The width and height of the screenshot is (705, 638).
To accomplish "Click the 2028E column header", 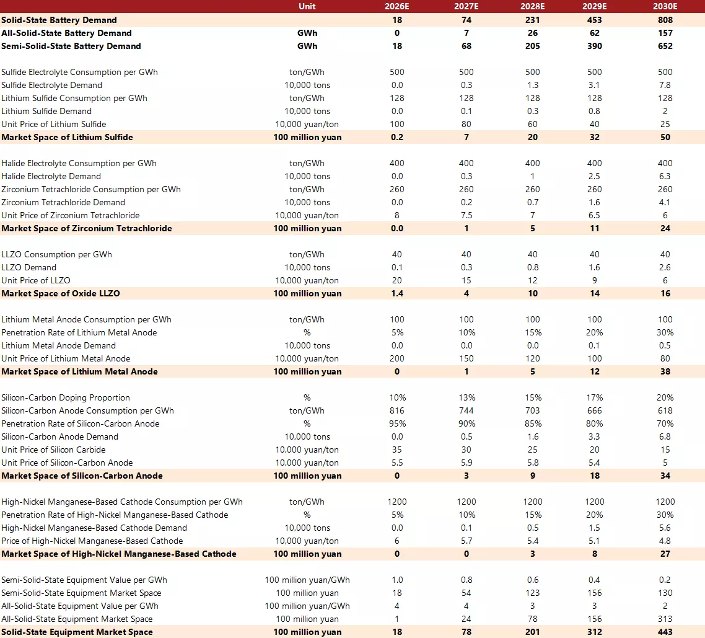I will [x=532, y=6].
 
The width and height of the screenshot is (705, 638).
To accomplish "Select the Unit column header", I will [x=307, y=6].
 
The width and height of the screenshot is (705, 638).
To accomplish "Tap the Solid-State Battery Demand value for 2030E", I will [x=665, y=20].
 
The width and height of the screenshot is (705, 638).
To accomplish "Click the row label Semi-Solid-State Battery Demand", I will [x=71, y=46].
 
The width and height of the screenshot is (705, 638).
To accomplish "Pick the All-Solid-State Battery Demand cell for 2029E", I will [x=594, y=33].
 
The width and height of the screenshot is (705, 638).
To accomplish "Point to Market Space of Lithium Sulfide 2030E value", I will [x=665, y=137].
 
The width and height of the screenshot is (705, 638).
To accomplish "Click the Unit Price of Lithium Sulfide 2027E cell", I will [x=466, y=124].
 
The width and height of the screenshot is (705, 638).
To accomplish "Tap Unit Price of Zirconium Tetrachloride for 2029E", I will [x=594, y=215].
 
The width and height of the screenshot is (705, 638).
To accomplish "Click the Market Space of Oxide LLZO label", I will [x=61, y=293].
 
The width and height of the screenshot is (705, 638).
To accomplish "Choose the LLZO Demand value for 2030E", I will [x=665, y=267].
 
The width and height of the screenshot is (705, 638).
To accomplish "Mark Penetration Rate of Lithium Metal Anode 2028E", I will [x=532, y=332].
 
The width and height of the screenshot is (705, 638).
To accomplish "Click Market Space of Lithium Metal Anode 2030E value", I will [x=665, y=371].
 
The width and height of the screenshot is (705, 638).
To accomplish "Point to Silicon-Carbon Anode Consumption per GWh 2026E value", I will [x=397, y=410].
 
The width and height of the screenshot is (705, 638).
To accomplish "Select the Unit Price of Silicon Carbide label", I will [x=53, y=450].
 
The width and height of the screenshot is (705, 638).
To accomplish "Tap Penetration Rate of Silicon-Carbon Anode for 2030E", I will [x=665, y=423].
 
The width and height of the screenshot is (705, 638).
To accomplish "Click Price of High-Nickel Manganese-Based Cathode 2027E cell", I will [x=466, y=541].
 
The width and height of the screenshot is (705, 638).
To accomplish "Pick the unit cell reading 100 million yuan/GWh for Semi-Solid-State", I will [x=307, y=580].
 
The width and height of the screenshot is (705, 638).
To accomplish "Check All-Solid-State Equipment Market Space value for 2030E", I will [x=665, y=619].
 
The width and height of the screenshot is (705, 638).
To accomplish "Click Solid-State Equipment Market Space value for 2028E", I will [x=532, y=632].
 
